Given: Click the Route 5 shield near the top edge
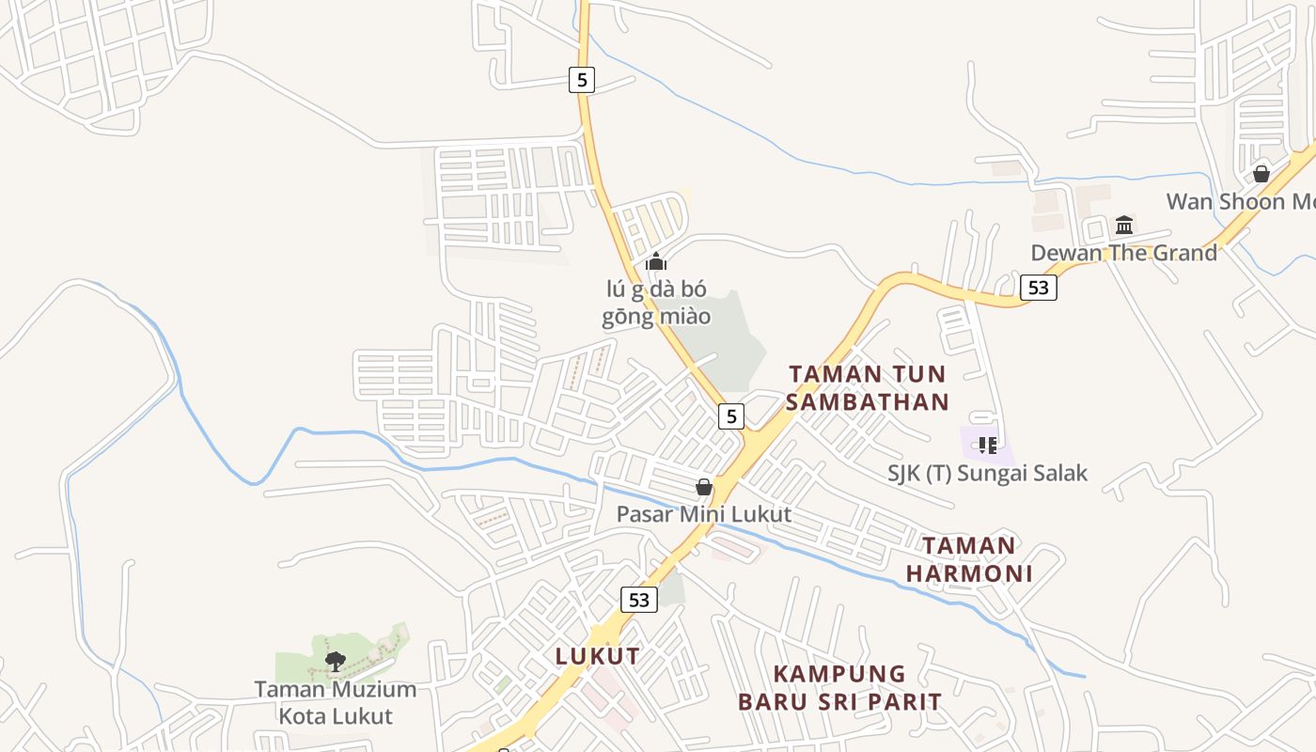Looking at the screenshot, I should (x=582, y=80).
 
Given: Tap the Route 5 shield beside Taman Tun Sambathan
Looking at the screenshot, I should (x=731, y=415).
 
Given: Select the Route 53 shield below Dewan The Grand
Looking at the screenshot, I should (x=1038, y=287).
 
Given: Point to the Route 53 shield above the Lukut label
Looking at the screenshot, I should (x=638, y=599).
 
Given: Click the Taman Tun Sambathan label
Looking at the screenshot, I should (x=867, y=387).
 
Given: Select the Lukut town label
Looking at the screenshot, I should (x=598, y=656).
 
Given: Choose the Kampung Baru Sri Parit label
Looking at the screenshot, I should (x=839, y=687).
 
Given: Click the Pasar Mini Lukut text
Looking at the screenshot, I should (x=703, y=514).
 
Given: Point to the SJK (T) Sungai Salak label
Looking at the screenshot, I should (x=987, y=473).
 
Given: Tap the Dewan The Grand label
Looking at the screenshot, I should (x=1123, y=252).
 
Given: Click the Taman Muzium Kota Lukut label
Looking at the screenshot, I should (x=336, y=702).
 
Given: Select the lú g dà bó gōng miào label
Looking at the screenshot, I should (x=656, y=303).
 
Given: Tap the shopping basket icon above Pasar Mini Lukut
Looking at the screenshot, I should (x=703, y=487).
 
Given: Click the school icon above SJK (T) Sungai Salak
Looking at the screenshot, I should (x=987, y=445).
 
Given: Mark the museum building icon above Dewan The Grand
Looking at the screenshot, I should (x=1124, y=226).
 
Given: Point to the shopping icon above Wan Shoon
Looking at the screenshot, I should (x=1261, y=174).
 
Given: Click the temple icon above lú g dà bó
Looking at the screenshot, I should (x=656, y=261).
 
